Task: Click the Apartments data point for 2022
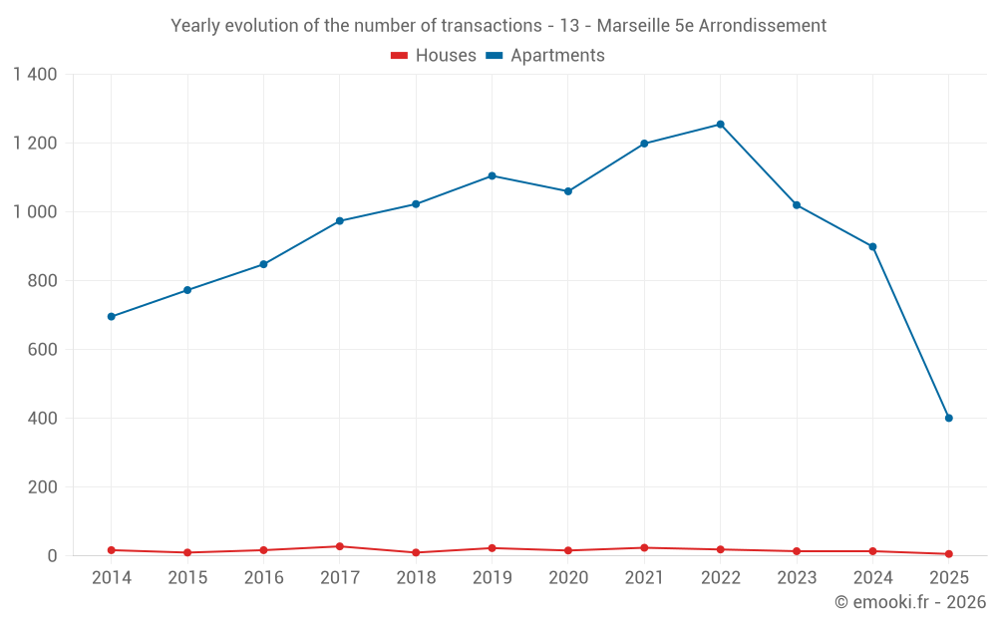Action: click(720, 125)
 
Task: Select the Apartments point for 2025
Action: click(948, 418)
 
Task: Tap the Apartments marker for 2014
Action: click(111, 317)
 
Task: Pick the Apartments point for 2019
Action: click(492, 176)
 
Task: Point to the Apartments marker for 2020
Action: click(568, 191)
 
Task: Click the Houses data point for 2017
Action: click(340, 546)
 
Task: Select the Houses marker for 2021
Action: click(644, 548)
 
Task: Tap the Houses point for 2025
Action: click(948, 554)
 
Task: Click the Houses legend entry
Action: click(434, 56)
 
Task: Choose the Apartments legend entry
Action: click(545, 56)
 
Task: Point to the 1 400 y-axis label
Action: click(35, 75)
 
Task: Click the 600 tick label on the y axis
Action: click(43, 350)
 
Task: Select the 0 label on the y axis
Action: click(52, 556)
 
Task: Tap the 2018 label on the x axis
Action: click(416, 578)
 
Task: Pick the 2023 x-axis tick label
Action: click(797, 578)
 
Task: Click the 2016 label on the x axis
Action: click(263, 578)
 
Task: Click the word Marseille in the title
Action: click(633, 26)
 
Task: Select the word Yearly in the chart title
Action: click(194, 26)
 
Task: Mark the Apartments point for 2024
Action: click(872, 247)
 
